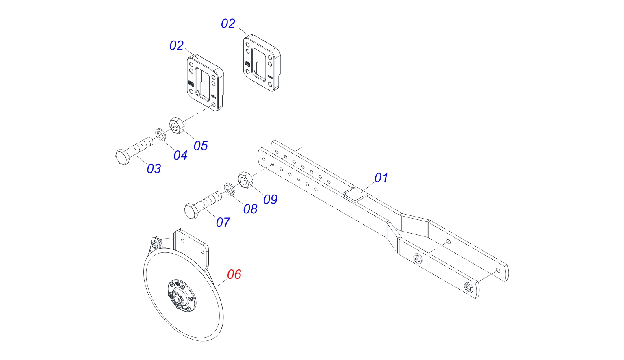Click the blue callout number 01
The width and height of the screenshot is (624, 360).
point(381,178)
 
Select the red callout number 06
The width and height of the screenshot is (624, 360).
point(234,275)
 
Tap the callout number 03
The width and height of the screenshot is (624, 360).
point(154,169)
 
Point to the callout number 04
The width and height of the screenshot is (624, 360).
point(180,155)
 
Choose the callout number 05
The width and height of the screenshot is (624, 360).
point(201,146)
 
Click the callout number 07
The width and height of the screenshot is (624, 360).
point(223,222)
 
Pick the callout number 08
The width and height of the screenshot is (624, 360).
point(250,209)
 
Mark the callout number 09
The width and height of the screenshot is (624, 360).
point(270,200)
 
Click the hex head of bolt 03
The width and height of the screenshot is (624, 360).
point(122,157)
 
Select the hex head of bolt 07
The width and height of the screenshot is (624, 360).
point(191,211)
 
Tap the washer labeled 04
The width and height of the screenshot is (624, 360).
point(160,134)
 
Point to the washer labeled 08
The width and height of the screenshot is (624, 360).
point(230,189)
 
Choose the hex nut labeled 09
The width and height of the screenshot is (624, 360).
point(245,179)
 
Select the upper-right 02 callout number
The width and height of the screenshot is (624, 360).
point(228,24)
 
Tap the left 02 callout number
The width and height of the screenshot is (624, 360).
point(177,46)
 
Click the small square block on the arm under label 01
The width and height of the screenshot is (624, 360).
point(356,193)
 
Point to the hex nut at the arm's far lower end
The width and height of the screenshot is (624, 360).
point(468,288)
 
